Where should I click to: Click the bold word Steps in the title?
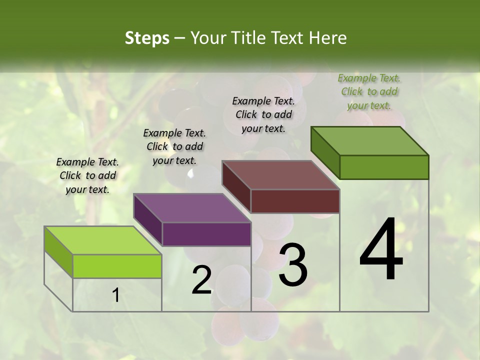147,38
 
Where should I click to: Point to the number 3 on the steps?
293,265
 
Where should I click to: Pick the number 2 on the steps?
201,280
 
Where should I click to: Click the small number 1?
115,296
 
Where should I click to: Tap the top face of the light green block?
102,240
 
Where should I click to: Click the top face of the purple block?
192,208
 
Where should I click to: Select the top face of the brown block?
280,175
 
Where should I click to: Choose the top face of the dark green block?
369,141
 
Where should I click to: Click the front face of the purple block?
206,234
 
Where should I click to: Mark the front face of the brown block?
295,201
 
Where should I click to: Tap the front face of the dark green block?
384,167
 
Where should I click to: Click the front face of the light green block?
117,266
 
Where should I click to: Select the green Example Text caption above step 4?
369,91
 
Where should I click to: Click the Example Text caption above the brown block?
263,114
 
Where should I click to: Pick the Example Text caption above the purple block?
174,146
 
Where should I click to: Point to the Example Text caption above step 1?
87,175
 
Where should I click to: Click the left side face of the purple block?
148,220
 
